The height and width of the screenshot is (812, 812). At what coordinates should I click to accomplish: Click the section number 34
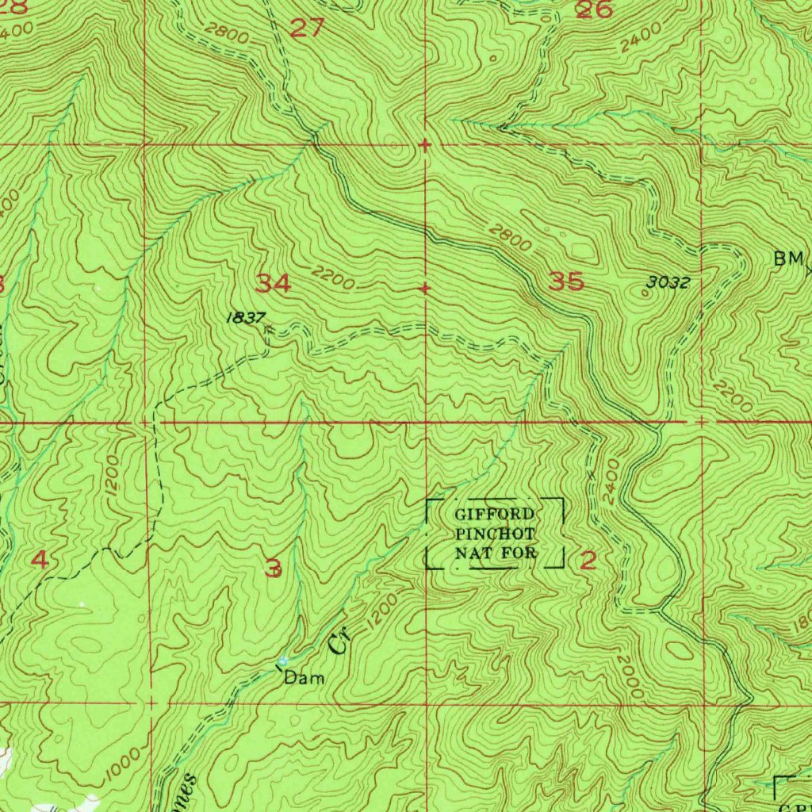pyautogui.click(x=274, y=283)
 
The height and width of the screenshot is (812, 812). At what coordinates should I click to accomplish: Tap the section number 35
pyautogui.click(x=566, y=282)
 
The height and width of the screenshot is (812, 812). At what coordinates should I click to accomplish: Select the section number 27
pyautogui.click(x=307, y=29)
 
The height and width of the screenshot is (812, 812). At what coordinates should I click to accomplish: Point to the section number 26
pyautogui.click(x=594, y=10)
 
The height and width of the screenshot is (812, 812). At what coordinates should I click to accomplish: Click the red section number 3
pyautogui.click(x=274, y=568)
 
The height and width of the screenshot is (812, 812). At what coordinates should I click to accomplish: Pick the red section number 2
pyautogui.click(x=588, y=561)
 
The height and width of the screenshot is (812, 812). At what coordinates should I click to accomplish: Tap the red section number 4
pyautogui.click(x=39, y=561)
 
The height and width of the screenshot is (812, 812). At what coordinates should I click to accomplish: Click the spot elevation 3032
pyautogui.click(x=667, y=282)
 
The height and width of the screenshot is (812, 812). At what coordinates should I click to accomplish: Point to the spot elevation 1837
pyautogui.click(x=245, y=317)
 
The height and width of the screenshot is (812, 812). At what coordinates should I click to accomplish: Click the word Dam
pyautogui.click(x=304, y=678)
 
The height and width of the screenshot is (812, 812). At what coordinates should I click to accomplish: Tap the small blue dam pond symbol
pyautogui.click(x=282, y=661)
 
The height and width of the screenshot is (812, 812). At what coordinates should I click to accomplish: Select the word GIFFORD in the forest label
pyautogui.click(x=494, y=515)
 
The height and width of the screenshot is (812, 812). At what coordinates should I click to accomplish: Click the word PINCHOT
pyautogui.click(x=496, y=534)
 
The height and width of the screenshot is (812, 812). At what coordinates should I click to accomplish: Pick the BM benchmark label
pyautogui.click(x=790, y=259)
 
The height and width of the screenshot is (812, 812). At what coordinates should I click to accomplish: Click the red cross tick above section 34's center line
pyautogui.click(x=426, y=145)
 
